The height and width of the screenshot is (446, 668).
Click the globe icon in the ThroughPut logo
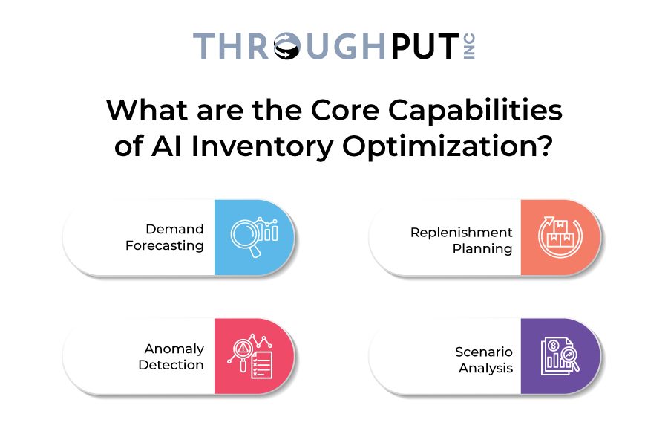coord(287,46)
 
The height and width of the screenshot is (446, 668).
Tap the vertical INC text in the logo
coord(469,46)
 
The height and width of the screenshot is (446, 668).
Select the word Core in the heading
coord(345,110)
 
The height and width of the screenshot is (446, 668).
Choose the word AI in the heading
coord(166,146)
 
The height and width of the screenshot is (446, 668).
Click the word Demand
coord(174,229)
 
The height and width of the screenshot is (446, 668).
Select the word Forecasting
coord(165,246)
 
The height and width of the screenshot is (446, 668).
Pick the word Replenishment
coord(462,233)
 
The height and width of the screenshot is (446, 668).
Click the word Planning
coord(482,249)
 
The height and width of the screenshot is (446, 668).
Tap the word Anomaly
coord(174,349)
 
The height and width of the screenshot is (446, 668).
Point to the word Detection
coord(171,365)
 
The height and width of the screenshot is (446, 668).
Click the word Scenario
coord(483,352)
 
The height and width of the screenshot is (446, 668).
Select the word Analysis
coord(485,369)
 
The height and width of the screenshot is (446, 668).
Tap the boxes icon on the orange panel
coord(560,237)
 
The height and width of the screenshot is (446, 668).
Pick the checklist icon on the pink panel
coord(251,356)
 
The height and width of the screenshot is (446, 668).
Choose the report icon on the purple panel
coord(560,356)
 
